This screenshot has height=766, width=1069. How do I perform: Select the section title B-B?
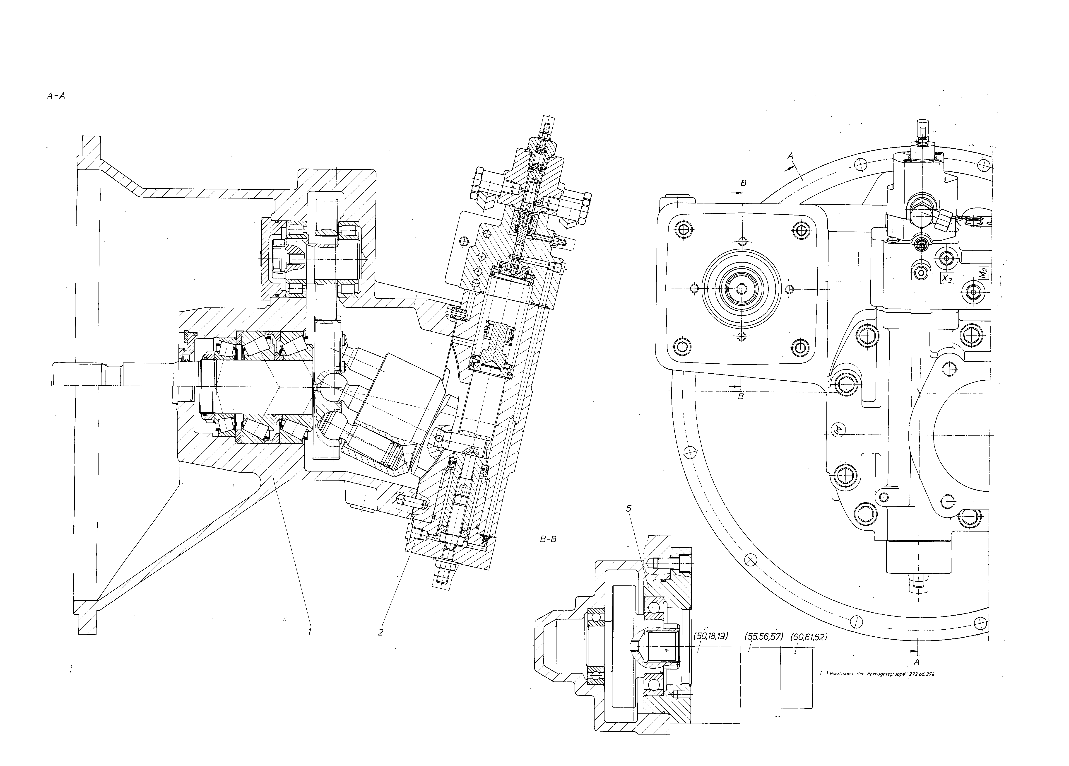point(548,539)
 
